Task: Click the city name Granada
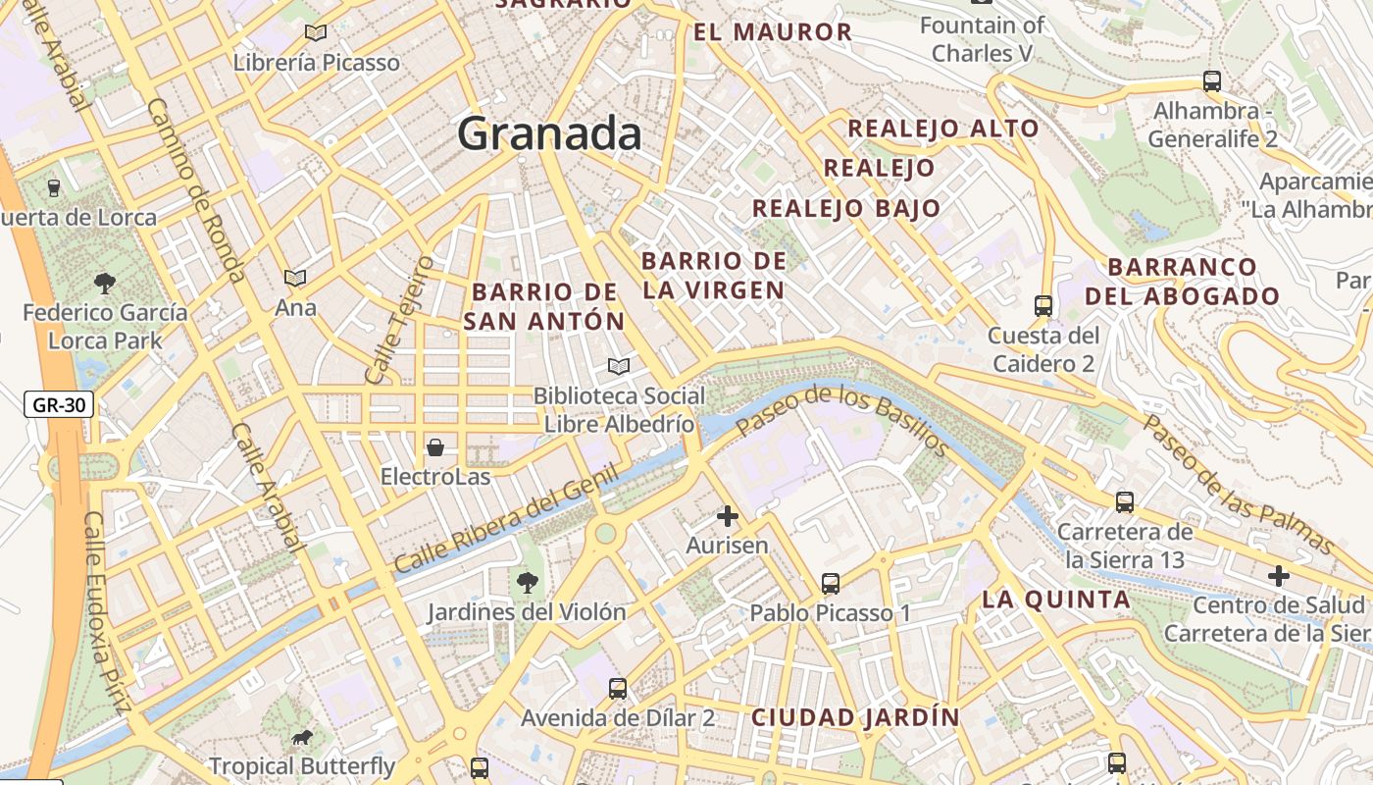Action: pos(549,133)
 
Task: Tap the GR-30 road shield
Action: pos(59,404)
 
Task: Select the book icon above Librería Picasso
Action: pos(316,33)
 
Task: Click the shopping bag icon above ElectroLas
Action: pos(435,448)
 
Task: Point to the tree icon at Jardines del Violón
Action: pos(527,583)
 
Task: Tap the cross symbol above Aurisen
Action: pos(727,516)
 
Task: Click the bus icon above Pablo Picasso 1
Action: pos(831,584)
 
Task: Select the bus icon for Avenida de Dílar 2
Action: pos(617,689)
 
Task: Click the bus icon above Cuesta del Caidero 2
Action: pos(1042,306)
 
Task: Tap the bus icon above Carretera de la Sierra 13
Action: pos(1125,502)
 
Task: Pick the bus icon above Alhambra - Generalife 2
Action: pos(1212,81)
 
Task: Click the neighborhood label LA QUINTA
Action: pos(1056,600)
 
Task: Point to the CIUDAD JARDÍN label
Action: pos(855,717)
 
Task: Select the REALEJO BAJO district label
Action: pos(846,208)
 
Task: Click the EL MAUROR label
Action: pos(773,32)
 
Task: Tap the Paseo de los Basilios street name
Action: pos(842,421)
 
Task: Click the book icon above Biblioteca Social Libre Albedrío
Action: pos(618,367)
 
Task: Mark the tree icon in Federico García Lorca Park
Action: pos(104,285)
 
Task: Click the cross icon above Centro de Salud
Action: pos(1278,576)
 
